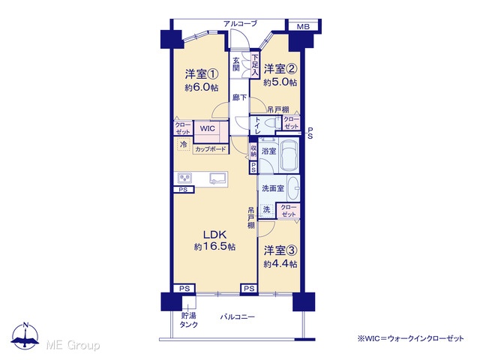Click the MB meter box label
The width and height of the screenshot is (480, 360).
pyautogui.click(x=303, y=27)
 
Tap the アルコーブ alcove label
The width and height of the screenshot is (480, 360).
pyautogui.click(x=240, y=23)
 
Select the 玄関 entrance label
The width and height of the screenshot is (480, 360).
pyautogui.click(x=235, y=64)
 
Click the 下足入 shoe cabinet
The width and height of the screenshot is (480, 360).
pyautogui.click(x=255, y=65)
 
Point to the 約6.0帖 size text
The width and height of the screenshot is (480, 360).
pyautogui.click(x=202, y=88)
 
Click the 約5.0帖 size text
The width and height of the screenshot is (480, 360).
pyautogui.click(x=280, y=82)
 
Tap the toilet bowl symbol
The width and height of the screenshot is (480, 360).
pyautogui.click(x=272, y=123)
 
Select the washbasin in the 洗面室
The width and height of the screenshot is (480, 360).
pyautogui.click(x=293, y=188)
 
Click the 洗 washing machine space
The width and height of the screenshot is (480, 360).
pyautogui.click(x=267, y=210)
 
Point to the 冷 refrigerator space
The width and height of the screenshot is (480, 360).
pyautogui.click(x=183, y=144)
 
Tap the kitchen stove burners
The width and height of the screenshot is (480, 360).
pyautogui.click(x=184, y=178)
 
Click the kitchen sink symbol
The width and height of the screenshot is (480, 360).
pyautogui.click(x=218, y=178)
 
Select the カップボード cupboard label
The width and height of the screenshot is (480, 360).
pyautogui.click(x=211, y=149)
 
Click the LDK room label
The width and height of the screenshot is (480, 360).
pyautogui.click(x=215, y=235)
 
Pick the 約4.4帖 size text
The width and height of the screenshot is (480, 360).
pyautogui.click(x=280, y=264)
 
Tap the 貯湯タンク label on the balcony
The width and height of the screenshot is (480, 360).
pyautogui.click(x=188, y=320)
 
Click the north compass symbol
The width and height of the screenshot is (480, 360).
pyautogui.click(x=25, y=335)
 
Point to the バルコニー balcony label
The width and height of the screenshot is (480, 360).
pyautogui.click(x=238, y=316)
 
